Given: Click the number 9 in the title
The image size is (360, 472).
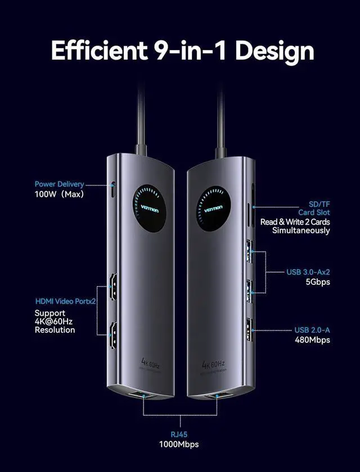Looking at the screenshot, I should [x=163, y=50].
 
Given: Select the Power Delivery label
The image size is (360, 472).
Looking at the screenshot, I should [x=59, y=184].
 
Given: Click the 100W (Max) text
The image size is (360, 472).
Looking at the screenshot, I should [x=59, y=194].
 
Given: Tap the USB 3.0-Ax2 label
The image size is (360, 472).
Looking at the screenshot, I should [x=308, y=272].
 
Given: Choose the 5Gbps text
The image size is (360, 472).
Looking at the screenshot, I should [x=318, y=282].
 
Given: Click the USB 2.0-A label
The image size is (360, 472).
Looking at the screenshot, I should [x=312, y=330].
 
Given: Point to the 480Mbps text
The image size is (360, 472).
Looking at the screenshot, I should [x=313, y=339].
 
